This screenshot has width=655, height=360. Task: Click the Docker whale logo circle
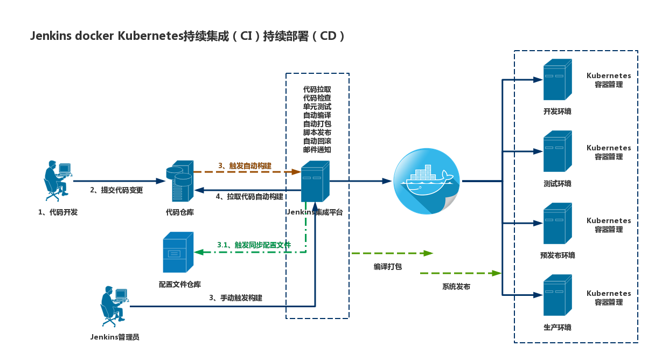[x=427, y=181]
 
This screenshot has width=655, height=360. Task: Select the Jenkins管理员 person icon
[x=114, y=306]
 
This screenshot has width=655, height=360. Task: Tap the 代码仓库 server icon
[x=180, y=181]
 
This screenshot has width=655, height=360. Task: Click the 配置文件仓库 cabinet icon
[x=178, y=252]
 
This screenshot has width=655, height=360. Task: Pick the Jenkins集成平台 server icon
[x=315, y=182]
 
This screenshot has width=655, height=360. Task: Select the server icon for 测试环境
[x=557, y=151]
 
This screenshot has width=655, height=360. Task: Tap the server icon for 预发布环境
[x=557, y=224]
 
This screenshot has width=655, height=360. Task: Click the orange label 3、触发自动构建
[x=245, y=165]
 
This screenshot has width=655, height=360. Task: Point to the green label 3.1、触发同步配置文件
[x=254, y=245]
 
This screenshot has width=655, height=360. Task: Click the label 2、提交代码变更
[x=116, y=190]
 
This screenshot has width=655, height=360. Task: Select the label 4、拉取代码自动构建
[x=249, y=197]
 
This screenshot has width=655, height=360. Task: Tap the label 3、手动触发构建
[x=235, y=297]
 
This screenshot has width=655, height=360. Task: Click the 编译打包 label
[x=388, y=266]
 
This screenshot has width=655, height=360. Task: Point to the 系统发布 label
[x=456, y=287]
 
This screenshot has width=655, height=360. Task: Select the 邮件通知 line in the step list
[x=317, y=150]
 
